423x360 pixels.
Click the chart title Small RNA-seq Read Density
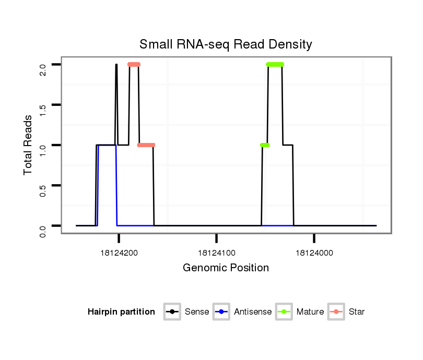(x=226, y=44)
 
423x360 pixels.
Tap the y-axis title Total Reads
(x=28, y=145)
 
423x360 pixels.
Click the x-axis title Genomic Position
(x=226, y=268)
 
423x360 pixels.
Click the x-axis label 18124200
(x=119, y=253)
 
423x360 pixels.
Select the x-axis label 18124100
(x=216, y=253)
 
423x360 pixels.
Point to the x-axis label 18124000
(x=314, y=253)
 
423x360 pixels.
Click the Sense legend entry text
(x=197, y=312)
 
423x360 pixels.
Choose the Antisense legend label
(x=253, y=312)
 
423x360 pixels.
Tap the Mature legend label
(x=310, y=312)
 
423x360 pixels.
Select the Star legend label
(x=357, y=312)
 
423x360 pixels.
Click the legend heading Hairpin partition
(x=121, y=312)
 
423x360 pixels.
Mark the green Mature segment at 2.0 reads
(x=275, y=65)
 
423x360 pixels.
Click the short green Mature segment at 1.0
(x=264, y=145)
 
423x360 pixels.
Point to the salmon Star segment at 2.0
(x=134, y=65)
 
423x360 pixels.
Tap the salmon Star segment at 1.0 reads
(x=146, y=145)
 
